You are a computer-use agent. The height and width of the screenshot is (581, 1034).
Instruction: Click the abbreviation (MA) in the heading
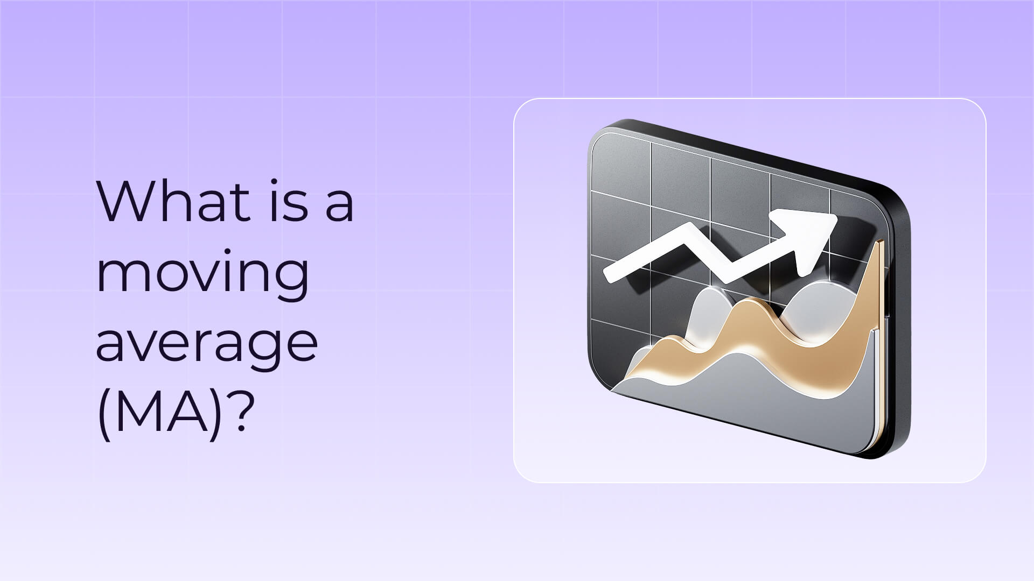click(159, 410)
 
